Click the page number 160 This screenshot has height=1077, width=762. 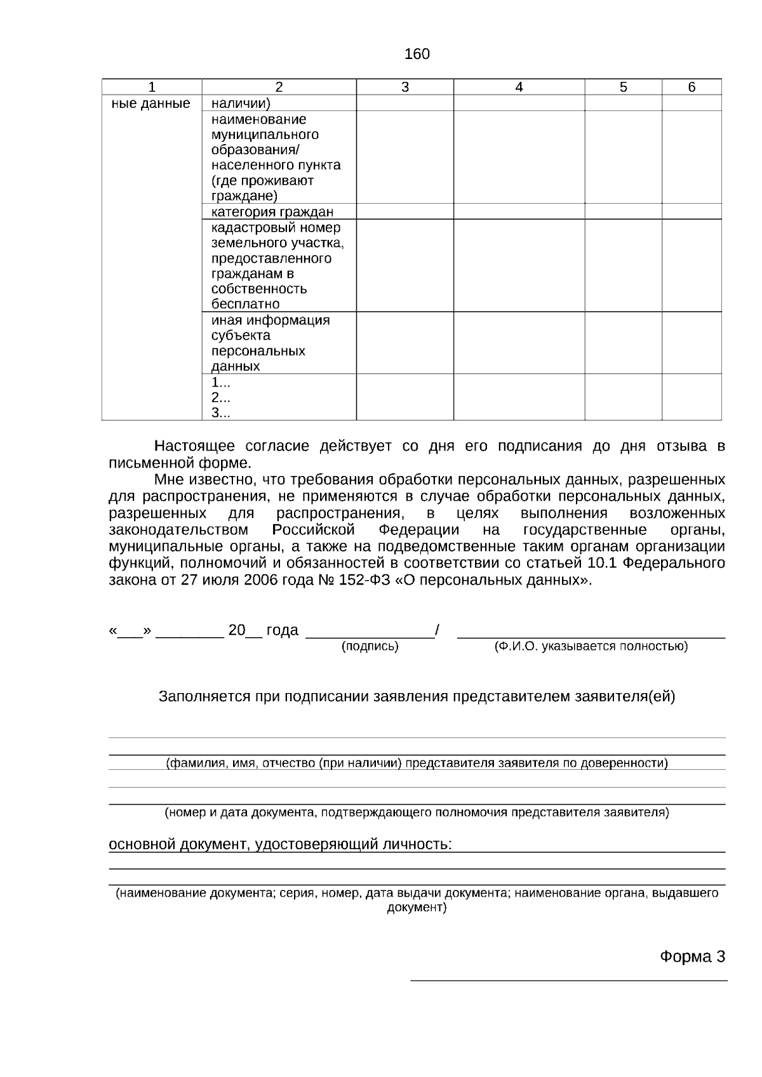(x=417, y=55)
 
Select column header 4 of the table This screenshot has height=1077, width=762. (x=519, y=88)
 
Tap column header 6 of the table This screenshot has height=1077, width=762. (x=692, y=88)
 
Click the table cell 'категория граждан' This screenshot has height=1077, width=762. (x=272, y=212)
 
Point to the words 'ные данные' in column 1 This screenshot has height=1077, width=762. (x=150, y=103)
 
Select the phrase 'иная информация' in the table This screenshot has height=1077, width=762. (x=271, y=320)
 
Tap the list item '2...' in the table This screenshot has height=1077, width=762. (x=220, y=398)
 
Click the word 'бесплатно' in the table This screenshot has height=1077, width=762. (x=245, y=304)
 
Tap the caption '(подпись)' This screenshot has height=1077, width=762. (x=370, y=647)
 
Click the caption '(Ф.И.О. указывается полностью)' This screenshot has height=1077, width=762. (x=591, y=647)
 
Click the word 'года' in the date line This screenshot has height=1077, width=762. (x=282, y=630)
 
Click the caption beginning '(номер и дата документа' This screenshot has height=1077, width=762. (x=417, y=812)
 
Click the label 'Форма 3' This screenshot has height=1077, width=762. (x=692, y=956)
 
